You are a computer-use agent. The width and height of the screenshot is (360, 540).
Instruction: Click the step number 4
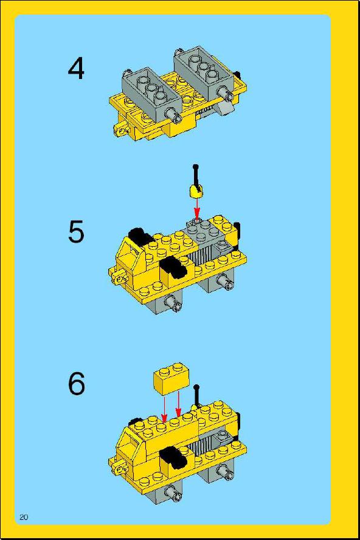tap(76, 69)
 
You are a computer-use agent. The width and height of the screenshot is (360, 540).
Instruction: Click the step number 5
tap(76, 232)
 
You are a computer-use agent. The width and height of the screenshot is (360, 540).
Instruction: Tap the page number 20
tap(24, 517)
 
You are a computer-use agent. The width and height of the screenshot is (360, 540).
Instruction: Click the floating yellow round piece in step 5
tap(196, 190)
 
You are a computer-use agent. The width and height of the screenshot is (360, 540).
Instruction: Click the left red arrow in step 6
tap(164, 409)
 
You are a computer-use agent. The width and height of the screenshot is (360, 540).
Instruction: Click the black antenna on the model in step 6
tap(196, 395)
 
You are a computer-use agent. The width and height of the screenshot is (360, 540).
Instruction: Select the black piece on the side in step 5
tap(173, 267)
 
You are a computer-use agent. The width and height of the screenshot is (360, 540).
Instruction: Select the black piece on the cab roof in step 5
tap(140, 236)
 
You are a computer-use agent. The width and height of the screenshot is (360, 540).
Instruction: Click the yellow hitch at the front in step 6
tap(120, 468)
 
